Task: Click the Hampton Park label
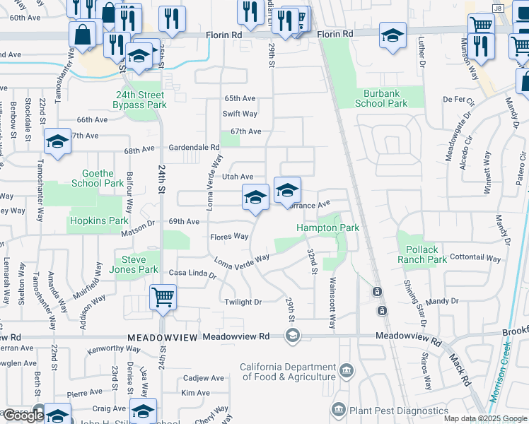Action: click(x=328, y=228)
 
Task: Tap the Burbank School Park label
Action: click(x=381, y=98)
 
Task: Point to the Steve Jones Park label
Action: click(x=134, y=264)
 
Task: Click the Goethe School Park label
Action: click(x=98, y=178)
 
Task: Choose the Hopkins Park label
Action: click(x=98, y=221)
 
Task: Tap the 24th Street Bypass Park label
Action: click(x=139, y=100)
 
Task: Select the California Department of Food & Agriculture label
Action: click(x=288, y=372)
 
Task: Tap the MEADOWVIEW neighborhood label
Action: click(x=163, y=338)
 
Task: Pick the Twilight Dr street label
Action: click(x=242, y=302)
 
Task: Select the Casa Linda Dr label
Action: click(x=191, y=273)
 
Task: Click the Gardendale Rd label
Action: click(x=194, y=147)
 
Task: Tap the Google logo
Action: click(x=23, y=416)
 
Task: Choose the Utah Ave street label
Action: click(x=237, y=177)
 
